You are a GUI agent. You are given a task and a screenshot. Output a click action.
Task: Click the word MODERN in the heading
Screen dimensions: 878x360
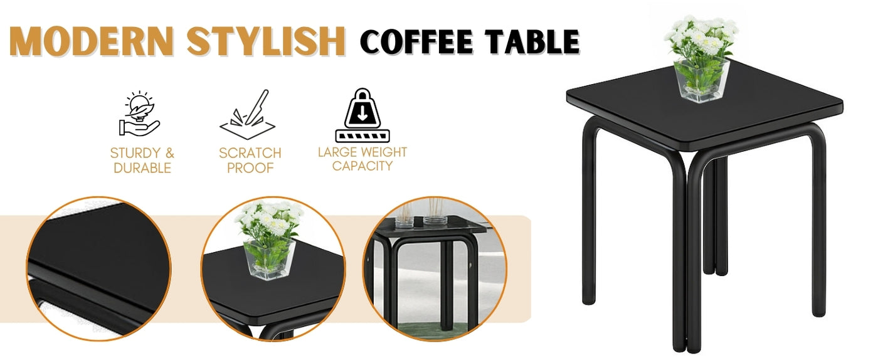[92, 41]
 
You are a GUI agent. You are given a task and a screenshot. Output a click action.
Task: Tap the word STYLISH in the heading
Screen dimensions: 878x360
[266, 41]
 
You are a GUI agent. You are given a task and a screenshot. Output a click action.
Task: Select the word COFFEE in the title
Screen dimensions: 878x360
[416, 41]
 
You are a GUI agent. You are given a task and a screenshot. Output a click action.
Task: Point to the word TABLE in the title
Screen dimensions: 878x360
[532, 41]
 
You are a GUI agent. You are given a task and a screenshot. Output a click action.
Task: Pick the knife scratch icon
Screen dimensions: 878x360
[248, 114]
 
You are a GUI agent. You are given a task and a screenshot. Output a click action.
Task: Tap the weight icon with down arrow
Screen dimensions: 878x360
[362, 115]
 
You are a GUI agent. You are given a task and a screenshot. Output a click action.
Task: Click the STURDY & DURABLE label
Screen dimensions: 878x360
[142, 161]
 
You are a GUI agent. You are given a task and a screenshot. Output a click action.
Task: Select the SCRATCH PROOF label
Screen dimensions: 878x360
[250, 161]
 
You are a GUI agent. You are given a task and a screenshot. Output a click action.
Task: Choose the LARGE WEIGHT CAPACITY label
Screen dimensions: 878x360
[362, 159]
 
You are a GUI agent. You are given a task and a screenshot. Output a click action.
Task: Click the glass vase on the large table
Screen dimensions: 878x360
[702, 80]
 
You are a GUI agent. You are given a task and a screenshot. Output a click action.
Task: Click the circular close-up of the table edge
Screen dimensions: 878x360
[99, 268]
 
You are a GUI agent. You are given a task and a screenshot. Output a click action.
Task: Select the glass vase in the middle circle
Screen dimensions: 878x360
[269, 259]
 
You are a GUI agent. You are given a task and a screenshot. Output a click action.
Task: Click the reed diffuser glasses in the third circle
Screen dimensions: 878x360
[420, 214]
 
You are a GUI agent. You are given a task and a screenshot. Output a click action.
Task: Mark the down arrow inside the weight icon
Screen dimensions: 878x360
[362, 113]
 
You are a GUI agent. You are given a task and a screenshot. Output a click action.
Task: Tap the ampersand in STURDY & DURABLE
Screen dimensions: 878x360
[170, 153]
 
